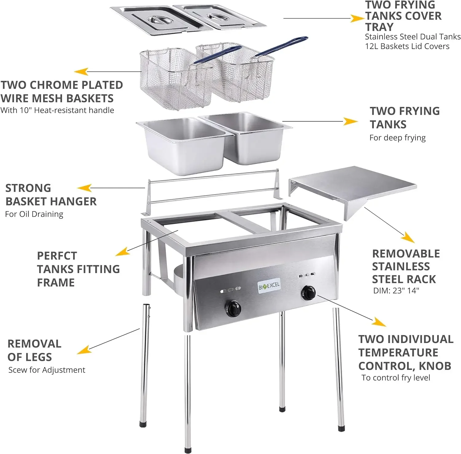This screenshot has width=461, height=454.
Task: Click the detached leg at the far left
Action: click(x=144, y=365)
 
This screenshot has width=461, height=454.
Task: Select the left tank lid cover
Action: click(x=160, y=20)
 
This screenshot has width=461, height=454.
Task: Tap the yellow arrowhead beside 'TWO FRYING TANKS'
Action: click(x=350, y=121)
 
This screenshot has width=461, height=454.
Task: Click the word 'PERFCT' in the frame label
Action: click(x=57, y=256)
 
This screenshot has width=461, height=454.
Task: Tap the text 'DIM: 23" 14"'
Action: click(x=396, y=290)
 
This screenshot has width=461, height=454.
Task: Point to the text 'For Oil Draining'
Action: click(x=34, y=214)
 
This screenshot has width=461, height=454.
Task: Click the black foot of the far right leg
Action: click(x=341, y=428)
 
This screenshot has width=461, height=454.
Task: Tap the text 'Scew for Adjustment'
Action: click(x=47, y=370)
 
